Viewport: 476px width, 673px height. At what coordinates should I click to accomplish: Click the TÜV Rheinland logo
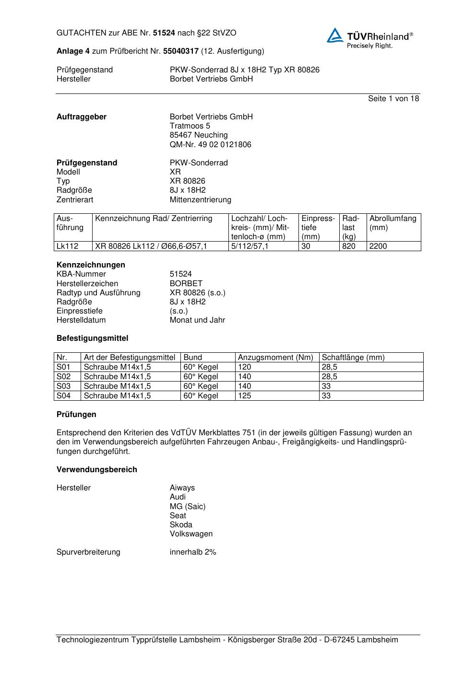369,38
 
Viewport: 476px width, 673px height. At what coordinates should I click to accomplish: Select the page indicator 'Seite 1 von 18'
393,99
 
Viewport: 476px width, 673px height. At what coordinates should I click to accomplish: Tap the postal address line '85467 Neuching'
199,135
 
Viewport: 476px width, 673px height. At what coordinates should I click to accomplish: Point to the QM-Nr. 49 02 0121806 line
210,144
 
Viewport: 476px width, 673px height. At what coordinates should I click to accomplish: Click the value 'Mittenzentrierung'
200,199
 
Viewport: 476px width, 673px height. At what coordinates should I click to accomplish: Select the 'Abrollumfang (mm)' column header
393,223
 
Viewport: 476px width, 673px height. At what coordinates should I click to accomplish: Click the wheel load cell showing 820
349,246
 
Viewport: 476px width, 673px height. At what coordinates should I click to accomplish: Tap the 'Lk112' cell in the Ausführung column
68,246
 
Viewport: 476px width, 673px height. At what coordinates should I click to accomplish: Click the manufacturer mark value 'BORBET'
186,283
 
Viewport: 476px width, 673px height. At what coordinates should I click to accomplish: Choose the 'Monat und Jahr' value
197,320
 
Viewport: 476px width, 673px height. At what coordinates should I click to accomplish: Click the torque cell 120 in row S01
245,367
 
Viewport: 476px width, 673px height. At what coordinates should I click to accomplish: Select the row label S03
63,386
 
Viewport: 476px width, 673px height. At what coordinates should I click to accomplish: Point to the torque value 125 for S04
245,395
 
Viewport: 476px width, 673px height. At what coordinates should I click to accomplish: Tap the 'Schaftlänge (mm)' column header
353,358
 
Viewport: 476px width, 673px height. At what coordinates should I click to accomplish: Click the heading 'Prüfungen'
76,414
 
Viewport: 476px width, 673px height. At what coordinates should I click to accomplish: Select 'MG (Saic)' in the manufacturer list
188,506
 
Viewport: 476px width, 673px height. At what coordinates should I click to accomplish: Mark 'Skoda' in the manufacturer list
181,524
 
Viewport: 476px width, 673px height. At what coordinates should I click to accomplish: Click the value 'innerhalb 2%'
193,552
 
